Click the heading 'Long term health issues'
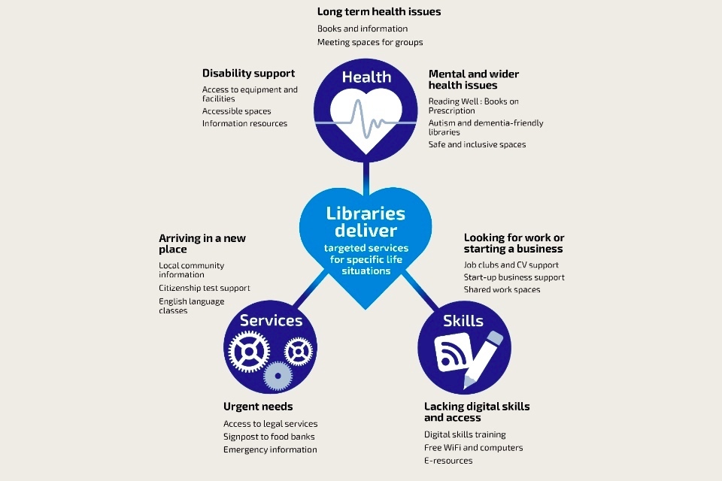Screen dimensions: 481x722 [379, 12]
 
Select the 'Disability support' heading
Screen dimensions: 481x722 [248, 74]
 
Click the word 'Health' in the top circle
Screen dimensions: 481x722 [366, 77]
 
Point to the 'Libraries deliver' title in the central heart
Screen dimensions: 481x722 [366, 222]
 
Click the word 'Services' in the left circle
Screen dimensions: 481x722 [271, 321]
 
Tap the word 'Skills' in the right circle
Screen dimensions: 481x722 [463, 321]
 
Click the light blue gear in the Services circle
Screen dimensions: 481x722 [278, 374]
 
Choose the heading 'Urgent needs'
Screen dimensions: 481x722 [258, 407]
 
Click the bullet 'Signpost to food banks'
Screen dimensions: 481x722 [268, 437]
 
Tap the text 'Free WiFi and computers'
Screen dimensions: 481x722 [473, 448]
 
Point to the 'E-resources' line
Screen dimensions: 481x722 [448, 461]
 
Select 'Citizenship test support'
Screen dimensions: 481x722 [204, 289]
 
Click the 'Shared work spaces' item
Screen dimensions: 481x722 [502, 290]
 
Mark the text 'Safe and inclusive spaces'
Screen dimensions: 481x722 [477, 144]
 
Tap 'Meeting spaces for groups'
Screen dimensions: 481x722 [369, 42]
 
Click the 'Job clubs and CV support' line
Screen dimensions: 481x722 [511, 265]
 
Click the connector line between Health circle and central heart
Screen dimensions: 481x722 [366, 177]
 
